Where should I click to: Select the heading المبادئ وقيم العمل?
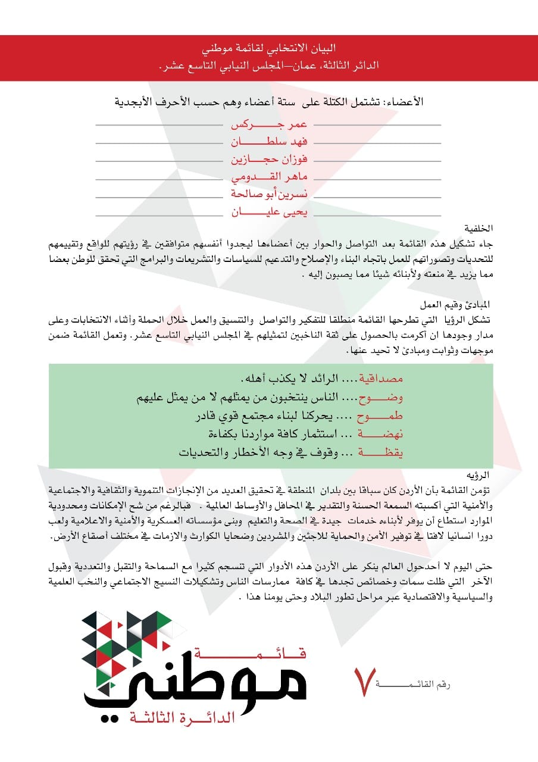[462, 304]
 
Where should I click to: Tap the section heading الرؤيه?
[485, 475]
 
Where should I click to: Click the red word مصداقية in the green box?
[383, 379]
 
